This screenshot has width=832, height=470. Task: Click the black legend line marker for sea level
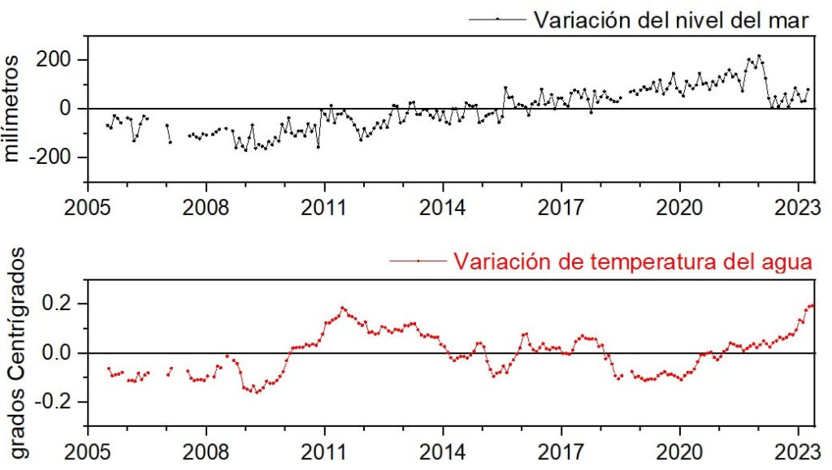pyautogui.click(x=497, y=19)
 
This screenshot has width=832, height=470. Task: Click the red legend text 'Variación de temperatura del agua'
pyautogui.click(x=631, y=261)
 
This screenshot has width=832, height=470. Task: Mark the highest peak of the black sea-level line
pyautogui.click(x=759, y=56)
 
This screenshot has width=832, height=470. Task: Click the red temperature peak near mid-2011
pyautogui.click(x=342, y=308)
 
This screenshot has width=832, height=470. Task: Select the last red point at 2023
pyautogui.click(x=812, y=305)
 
